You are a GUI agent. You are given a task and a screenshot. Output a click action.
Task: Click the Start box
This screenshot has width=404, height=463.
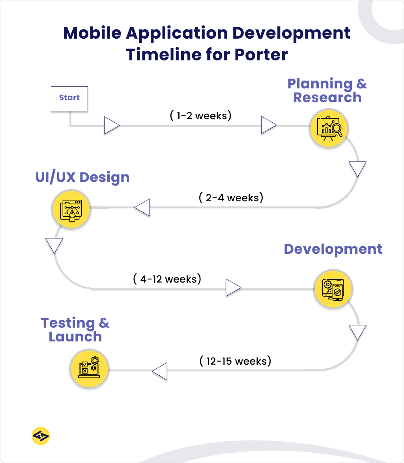click(x=69, y=98)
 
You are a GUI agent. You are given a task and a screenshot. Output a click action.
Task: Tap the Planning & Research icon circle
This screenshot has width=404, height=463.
click(x=327, y=128)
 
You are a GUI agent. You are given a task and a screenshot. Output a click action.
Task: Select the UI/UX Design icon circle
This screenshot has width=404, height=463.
click(x=71, y=210)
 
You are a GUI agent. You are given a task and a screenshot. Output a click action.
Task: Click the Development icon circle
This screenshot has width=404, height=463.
click(x=333, y=289)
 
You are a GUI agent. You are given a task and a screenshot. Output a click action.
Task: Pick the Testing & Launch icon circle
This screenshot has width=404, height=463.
click(x=89, y=369)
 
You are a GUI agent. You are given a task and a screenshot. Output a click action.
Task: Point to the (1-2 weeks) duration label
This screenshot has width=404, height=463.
click(x=200, y=116)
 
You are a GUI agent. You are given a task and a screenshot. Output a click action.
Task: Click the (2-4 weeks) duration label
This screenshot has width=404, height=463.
click(x=231, y=197)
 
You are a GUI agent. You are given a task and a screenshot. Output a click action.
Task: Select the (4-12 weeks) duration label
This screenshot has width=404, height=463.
click(x=167, y=279)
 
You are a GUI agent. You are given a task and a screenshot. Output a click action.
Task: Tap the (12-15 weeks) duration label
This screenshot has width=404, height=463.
click(x=235, y=361)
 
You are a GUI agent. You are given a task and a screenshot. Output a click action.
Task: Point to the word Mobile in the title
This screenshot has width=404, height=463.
click(x=92, y=33)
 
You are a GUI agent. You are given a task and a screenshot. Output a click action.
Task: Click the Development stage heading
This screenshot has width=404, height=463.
click(x=333, y=249)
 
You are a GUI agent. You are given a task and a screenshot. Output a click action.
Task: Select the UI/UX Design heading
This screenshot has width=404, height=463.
click(x=82, y=177)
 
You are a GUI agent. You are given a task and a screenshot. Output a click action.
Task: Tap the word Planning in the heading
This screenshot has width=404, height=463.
click(x=320, y=84)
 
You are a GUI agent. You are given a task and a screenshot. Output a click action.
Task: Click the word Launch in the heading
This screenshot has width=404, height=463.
click(x=75, y=337)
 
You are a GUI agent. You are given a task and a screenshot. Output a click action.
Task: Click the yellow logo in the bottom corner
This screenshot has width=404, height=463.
click(x=41, y=436)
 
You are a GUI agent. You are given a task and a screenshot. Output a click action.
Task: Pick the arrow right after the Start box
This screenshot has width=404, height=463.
click(x=111, y=126)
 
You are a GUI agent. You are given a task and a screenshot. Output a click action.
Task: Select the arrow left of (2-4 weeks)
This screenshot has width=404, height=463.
click(x=142, y=207)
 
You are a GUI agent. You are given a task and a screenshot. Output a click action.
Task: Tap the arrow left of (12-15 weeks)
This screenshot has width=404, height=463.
click(x=160, y=371)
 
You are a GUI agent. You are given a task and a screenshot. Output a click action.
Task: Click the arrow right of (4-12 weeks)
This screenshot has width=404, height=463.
click(x=233, y=288)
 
